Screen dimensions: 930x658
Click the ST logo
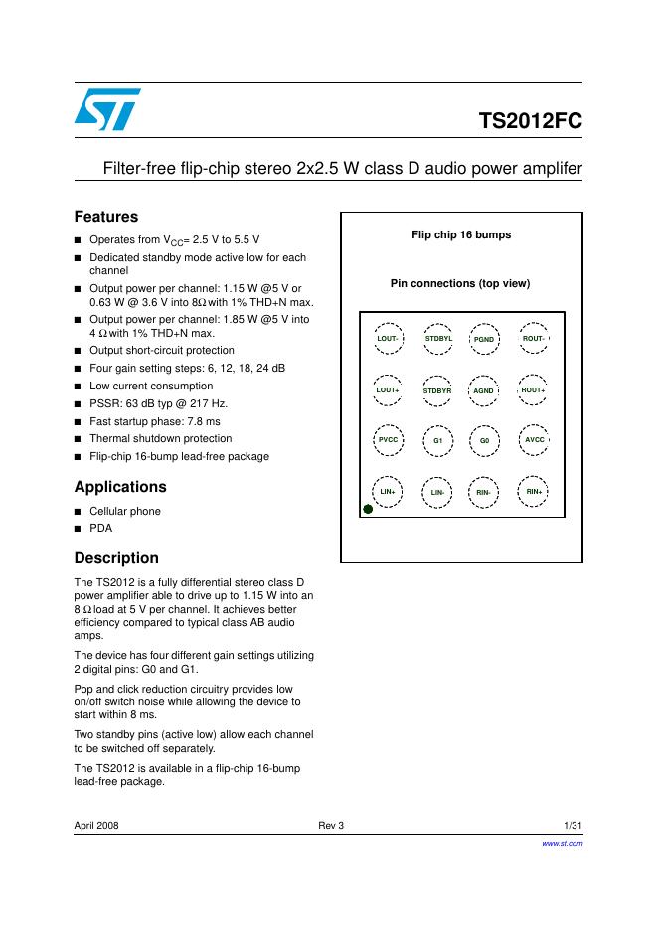pos(107,108)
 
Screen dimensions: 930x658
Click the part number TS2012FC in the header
pos(530,122)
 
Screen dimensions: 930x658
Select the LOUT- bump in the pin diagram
pos(388,339)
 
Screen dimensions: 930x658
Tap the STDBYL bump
pos(437,339)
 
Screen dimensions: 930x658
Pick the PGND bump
pos(484,340)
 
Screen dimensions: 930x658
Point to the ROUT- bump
pos(534,339)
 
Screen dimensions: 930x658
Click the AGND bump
pos(484,390)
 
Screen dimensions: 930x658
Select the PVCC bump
pos(388,439)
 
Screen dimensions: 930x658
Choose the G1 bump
pos(437,439)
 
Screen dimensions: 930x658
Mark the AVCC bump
pos(534,439)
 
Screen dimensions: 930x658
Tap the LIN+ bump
pos(388,491)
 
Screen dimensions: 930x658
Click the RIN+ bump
pos(534,491)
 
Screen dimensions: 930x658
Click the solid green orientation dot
pos(368,509)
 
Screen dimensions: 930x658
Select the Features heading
pos(106,217)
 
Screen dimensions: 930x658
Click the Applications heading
pos(120,487)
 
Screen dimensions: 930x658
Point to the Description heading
pos(116,558)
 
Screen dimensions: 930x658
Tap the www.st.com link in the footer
pos(562,843)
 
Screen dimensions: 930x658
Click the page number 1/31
pos(573,826)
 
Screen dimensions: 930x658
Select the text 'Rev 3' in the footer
pos(330,826)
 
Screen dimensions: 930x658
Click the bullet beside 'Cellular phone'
pos(79,512)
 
